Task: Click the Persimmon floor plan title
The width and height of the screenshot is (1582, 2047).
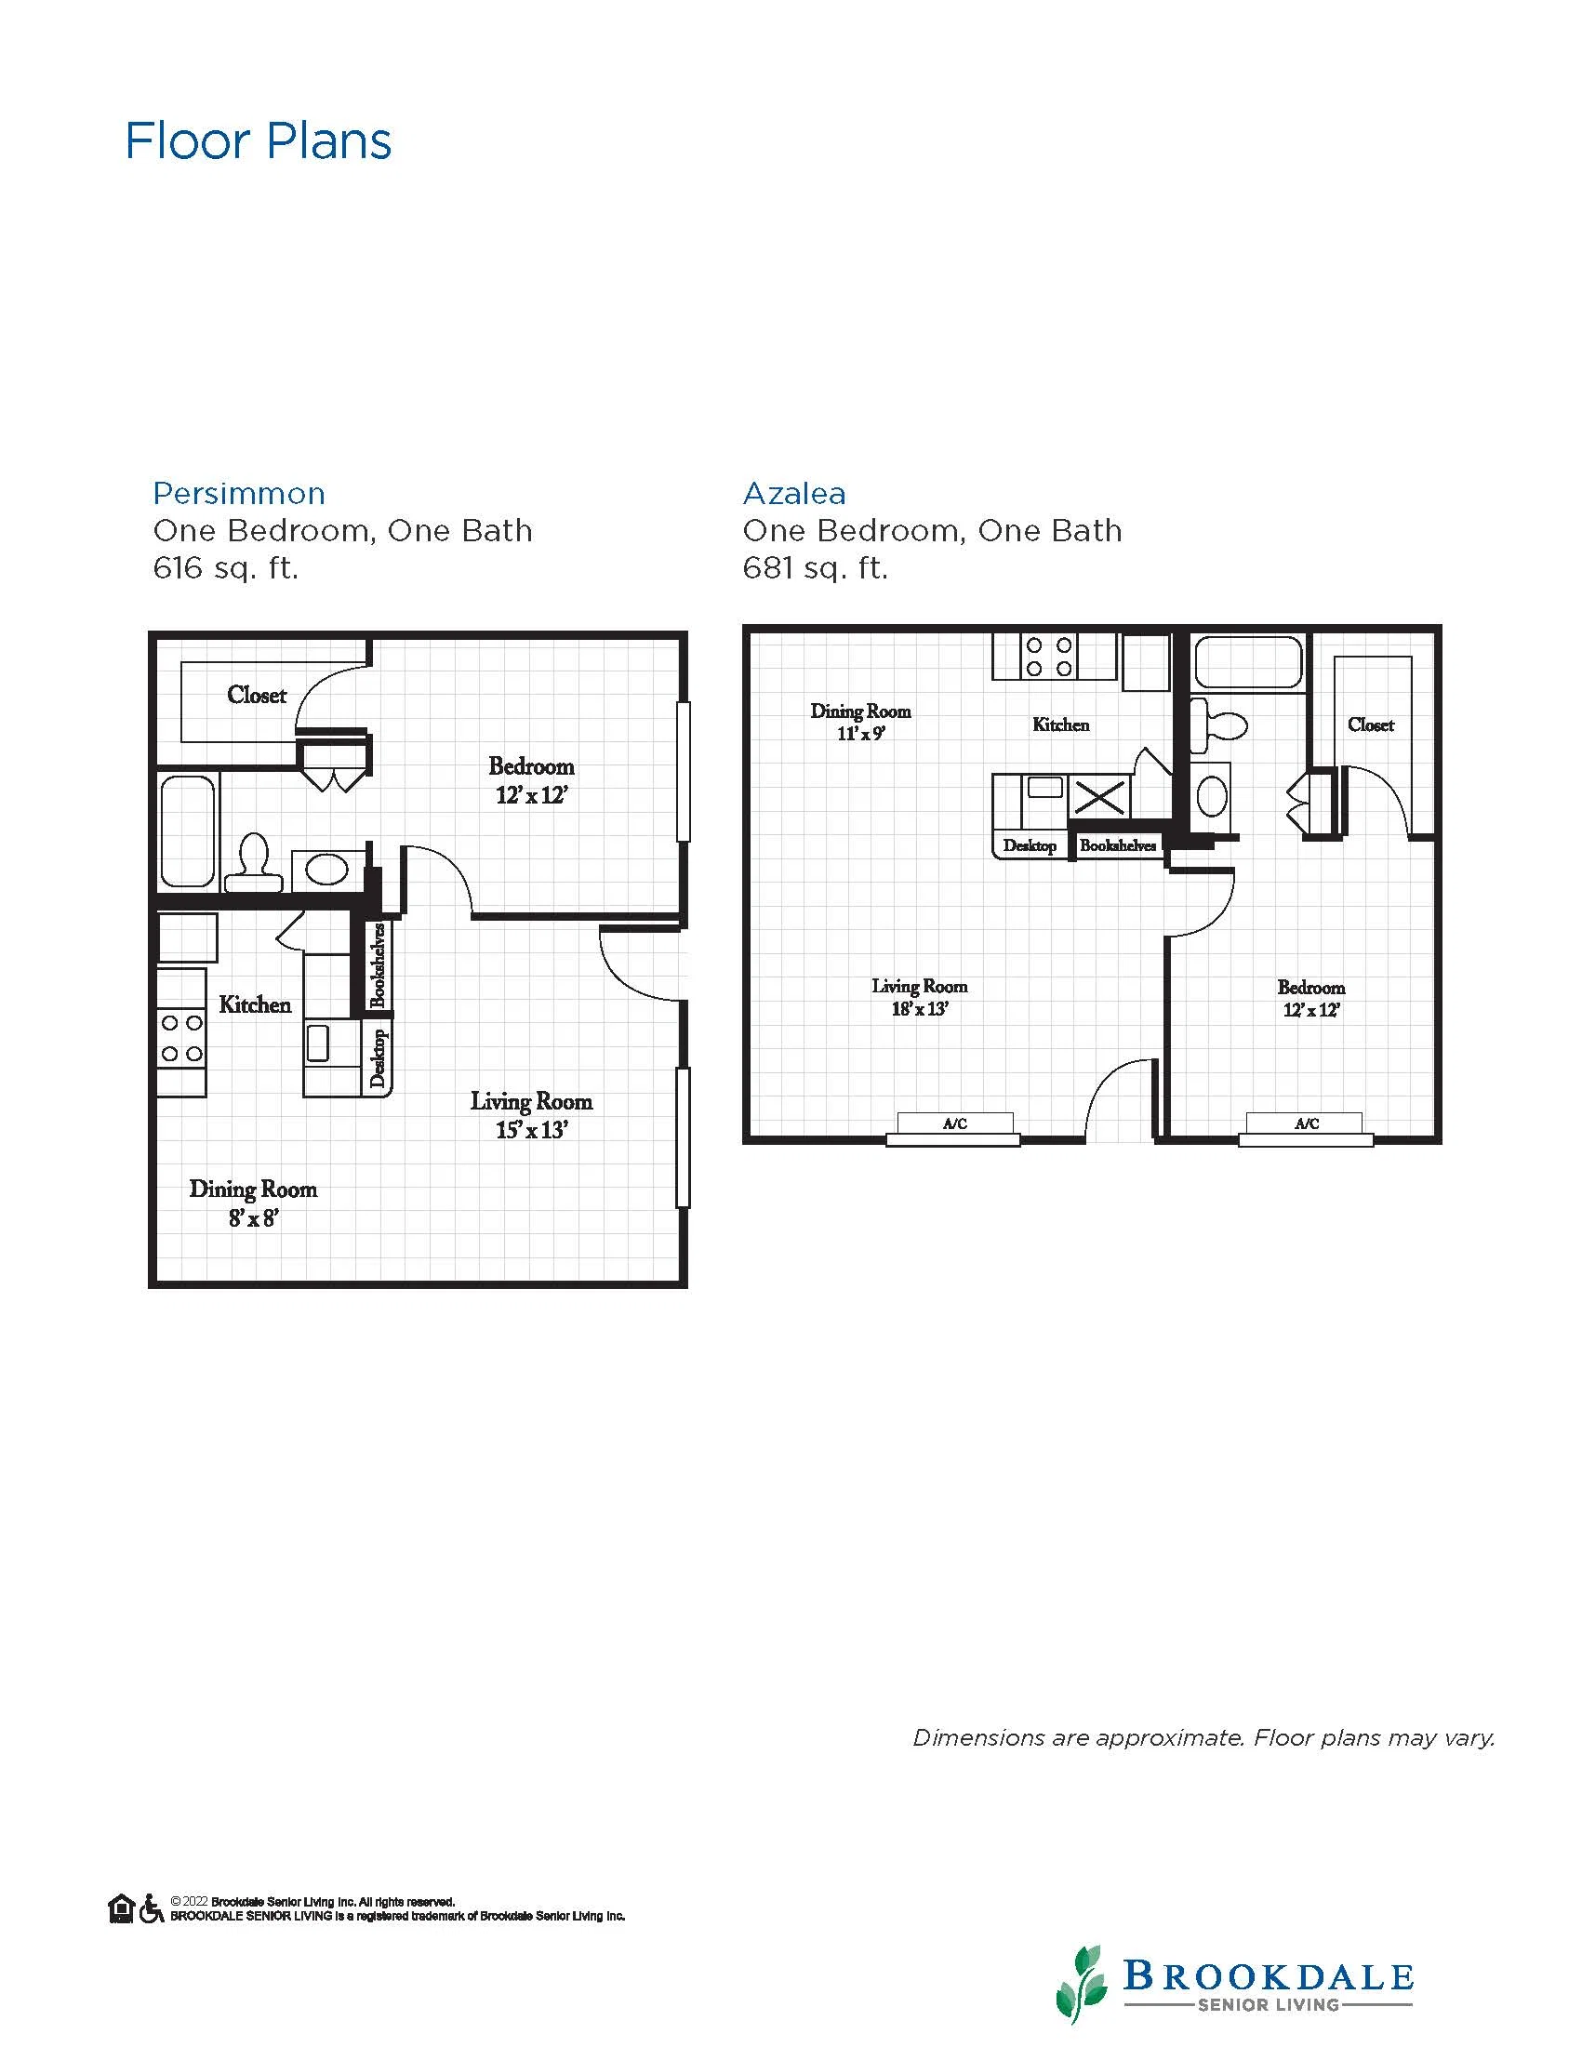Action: (x=239, y=493)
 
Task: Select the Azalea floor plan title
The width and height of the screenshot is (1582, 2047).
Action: (x=794, y=493)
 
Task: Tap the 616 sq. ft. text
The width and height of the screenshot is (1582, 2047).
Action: (x=226, y=568)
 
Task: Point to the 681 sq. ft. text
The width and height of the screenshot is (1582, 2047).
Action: (x=816, y=568)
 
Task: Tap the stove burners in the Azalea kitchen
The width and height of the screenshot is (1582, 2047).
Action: (x=1050, y=656)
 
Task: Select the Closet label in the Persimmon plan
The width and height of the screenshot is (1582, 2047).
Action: (x=257, y=695)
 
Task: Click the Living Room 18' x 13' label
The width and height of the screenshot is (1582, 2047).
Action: (x=920, y=997)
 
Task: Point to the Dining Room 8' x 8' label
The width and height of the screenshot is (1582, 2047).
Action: (x=253, y=1203)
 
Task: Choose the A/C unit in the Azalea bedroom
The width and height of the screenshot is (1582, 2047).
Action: (x=1306, y=1127)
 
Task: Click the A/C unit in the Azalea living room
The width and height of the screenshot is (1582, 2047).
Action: (x=954, y=1127)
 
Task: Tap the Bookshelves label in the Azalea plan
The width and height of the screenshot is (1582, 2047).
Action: (x=1117, y=845)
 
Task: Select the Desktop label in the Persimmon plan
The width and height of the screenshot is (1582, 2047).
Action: (x=379, y=1058)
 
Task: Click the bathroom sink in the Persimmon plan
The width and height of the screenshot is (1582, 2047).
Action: (x=326, y=870)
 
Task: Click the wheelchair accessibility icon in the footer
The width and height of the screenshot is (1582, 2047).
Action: (x=151, y=1908)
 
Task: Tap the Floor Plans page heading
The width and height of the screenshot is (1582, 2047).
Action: (x=259, y=141)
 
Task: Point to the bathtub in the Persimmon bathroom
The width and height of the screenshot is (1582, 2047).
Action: (x=188, y=831)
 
